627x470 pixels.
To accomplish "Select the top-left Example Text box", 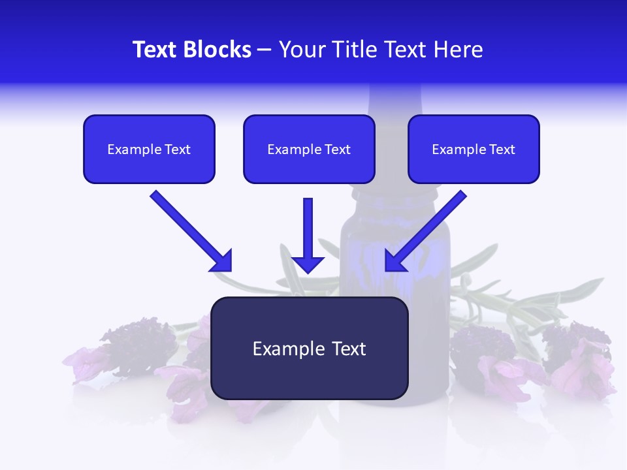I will pos(149,149).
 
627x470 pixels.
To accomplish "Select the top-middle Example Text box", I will pos(309,149).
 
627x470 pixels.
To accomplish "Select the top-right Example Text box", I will pos(474,149).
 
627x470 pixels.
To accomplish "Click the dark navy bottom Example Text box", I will pos(309,348).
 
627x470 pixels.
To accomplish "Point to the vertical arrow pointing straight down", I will pos(308,232).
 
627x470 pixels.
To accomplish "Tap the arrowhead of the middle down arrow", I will pos(308,264).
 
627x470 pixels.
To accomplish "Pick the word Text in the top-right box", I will pos(502,149).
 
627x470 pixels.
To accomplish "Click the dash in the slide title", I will pos(265,50).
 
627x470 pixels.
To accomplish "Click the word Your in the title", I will pos(299,50).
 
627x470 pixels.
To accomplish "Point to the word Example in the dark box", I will pos(288,349).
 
